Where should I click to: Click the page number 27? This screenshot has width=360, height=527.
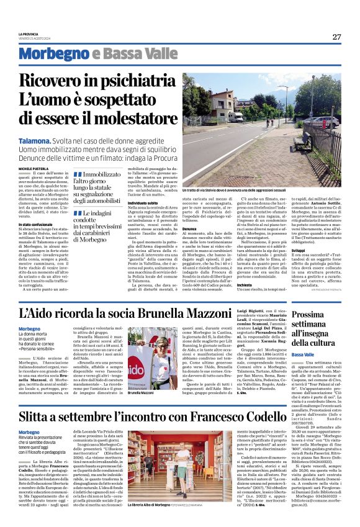336,37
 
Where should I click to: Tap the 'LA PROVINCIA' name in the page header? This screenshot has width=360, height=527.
29,34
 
